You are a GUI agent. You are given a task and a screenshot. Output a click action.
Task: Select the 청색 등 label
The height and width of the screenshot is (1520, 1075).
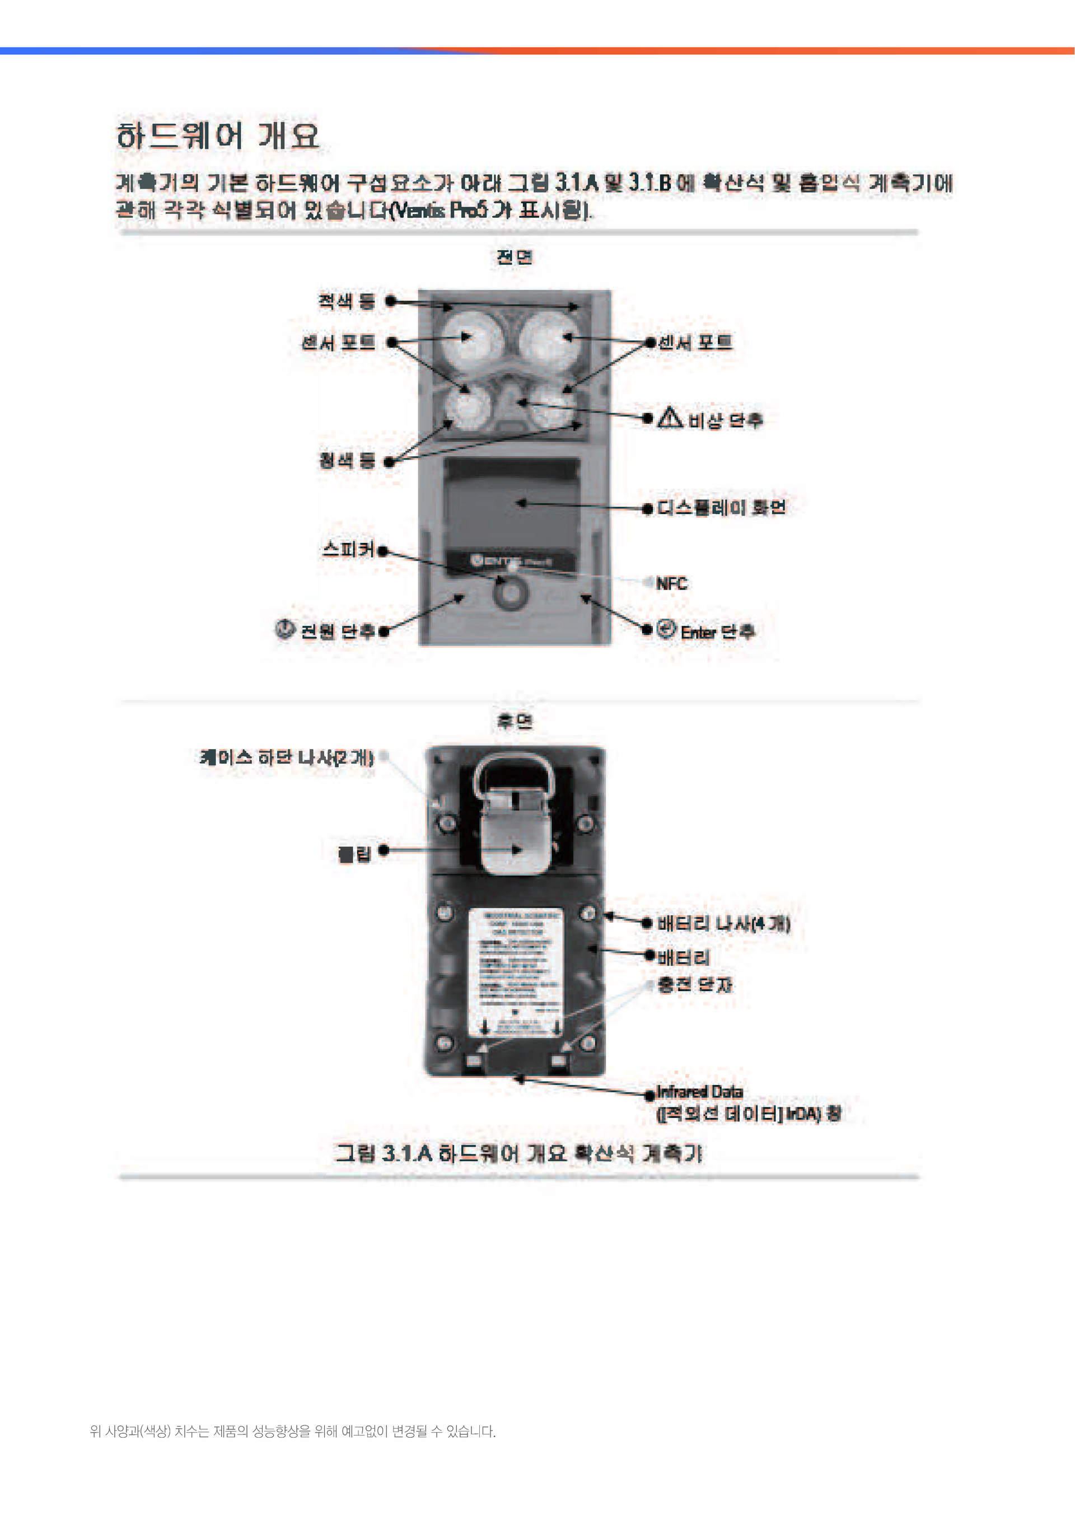[347, 460]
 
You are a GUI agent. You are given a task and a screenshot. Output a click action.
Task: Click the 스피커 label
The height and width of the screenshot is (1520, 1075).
[348, 549]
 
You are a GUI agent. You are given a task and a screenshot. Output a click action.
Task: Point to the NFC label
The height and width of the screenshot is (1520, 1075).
[671, 583]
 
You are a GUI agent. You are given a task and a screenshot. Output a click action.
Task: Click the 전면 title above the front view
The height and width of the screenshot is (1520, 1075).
[515, 257]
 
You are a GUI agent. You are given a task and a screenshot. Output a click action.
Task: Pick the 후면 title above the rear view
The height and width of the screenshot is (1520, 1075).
[515, 721]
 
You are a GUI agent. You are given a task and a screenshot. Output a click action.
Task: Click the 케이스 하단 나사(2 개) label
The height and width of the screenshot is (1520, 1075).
[287, 757]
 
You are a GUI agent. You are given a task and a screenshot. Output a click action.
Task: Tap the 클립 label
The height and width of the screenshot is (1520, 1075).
[355, 854]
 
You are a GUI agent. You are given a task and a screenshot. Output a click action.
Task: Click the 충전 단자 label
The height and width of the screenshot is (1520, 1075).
[694, 985]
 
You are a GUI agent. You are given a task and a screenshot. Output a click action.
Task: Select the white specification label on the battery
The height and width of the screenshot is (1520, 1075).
[515, 972]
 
